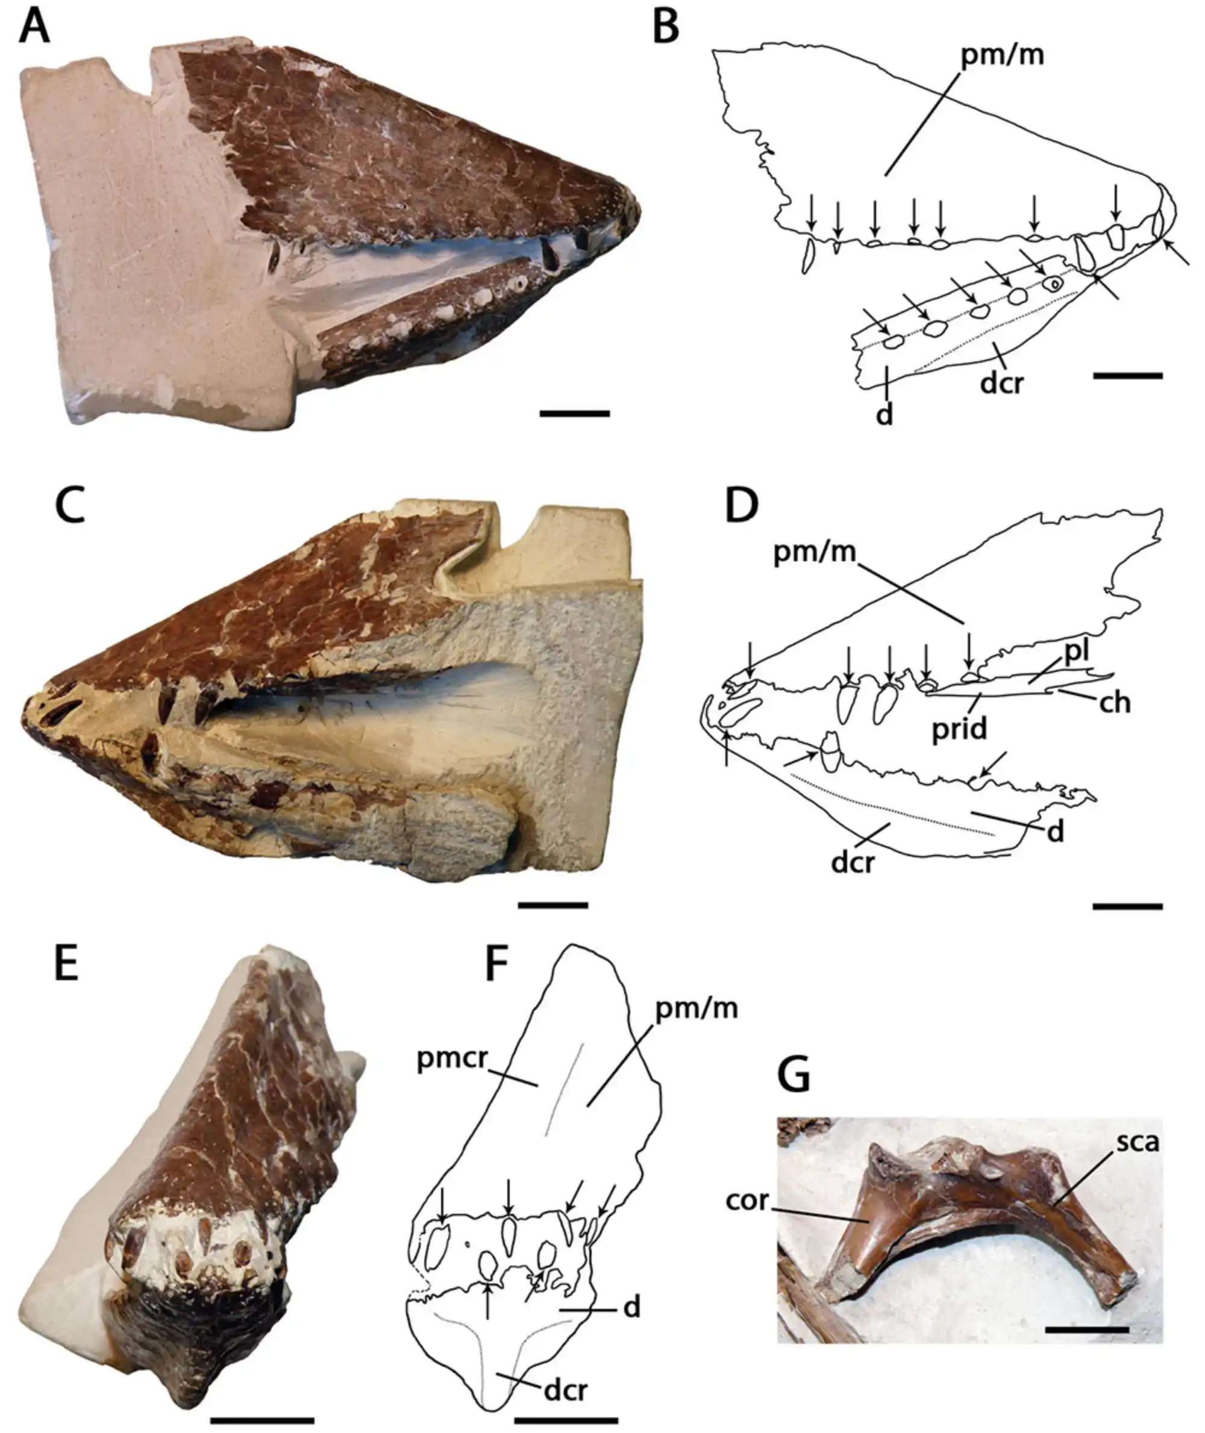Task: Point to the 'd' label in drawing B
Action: (x=884, y=414)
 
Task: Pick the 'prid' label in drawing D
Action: (x=959, y=729)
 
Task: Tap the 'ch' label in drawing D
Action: (x=1114, y=702)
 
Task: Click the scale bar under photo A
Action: (x=574, y=413)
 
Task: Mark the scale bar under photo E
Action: (x=261, y=1418)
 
